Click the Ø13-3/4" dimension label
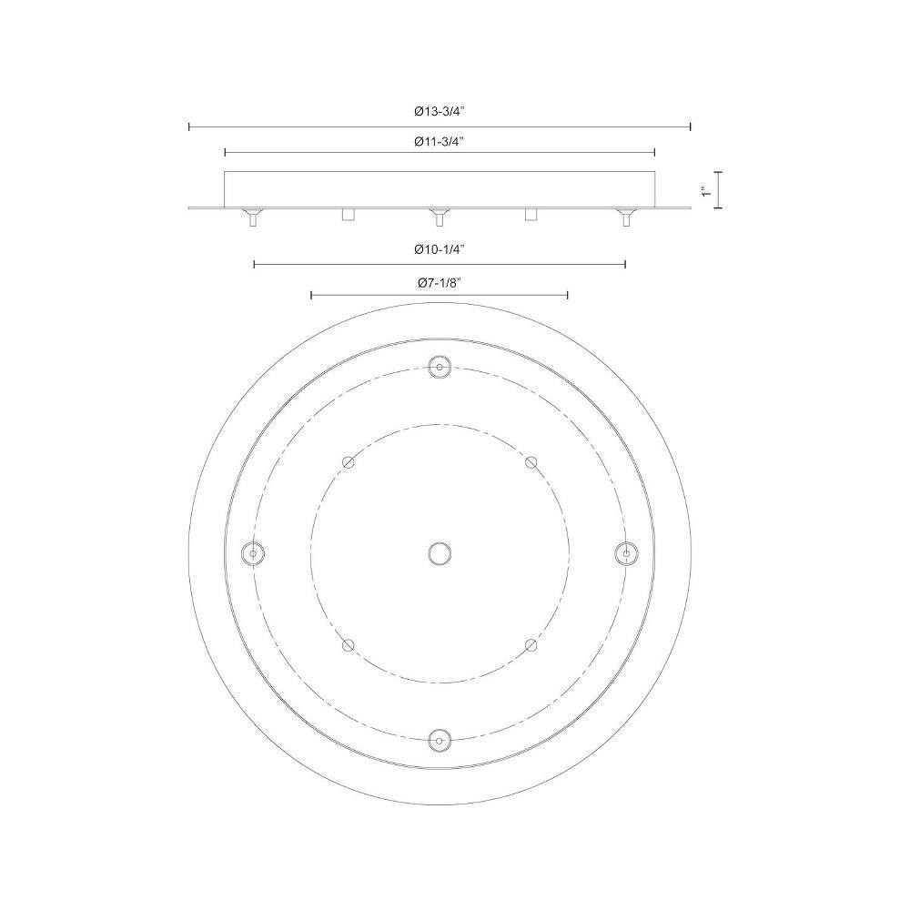tap(440, 112)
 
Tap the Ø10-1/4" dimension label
tap(440, 249)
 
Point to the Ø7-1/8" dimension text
tap(440, 283)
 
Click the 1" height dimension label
tap(706, 190)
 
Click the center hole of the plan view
tap(440, 553)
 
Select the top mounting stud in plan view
tap(440, 367)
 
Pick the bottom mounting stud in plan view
tap(440, 741)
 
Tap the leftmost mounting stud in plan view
tap(252, 553)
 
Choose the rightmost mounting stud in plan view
tap(626, 553)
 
